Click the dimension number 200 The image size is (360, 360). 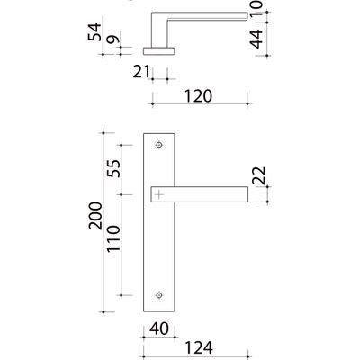coord(95,216)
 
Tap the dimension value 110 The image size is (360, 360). coord(113,238)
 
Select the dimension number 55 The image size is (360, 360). coord(113,168)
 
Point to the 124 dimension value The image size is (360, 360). coord(199,348)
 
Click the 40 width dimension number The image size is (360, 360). coord(159,328)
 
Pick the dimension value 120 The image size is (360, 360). coord(198,96)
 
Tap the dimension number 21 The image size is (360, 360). coord(141,72)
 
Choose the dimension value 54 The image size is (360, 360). coord(94,31)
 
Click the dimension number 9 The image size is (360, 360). coord(113,40)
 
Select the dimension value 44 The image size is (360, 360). coord(256,40)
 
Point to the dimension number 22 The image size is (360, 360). coord(259,175)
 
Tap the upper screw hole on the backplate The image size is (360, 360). coord(159,145)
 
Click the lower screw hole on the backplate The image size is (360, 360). coord(159,295)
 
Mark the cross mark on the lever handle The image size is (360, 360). coord(159,194)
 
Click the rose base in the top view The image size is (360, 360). coord(158,51)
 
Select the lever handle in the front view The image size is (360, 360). coord(200,194)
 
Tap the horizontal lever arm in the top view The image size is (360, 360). coord(207,16)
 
